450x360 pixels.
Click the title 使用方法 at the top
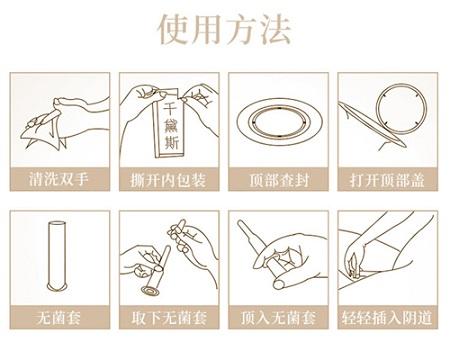pos(224,30)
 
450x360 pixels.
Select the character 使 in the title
pos(173,30)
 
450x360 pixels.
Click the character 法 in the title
pos(275,30)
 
